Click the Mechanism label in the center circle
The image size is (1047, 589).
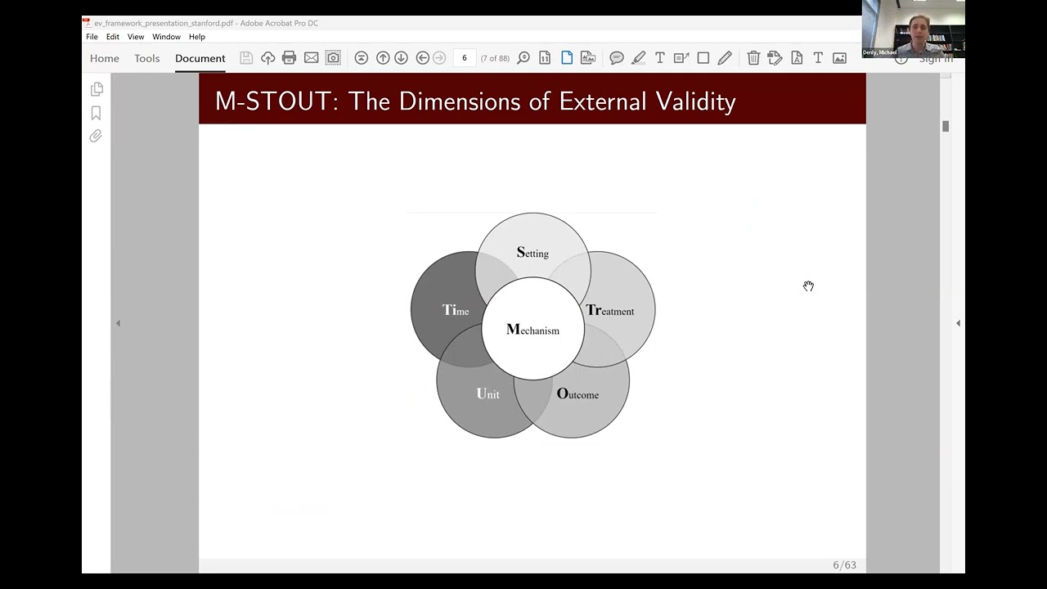(532, 330)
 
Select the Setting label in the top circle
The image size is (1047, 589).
(532, 253)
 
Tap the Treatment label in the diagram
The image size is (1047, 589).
(609, 311)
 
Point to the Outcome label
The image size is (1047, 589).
(577, 394)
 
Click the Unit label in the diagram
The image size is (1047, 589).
(488, 394)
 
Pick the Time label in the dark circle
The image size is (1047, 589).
(456, 310)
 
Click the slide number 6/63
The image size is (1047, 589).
(844, 565)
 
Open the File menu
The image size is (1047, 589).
(92, 37)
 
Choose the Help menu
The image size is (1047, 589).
(197, 37)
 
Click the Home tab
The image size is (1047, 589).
(105, 58)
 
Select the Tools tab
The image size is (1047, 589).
(147, 58)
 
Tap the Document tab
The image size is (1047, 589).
(200, 58)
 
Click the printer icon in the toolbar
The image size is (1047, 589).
(289, 58)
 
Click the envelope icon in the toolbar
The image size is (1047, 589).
(311, 58)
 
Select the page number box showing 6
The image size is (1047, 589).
(464, 58)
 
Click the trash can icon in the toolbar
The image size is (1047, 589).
(753, 58)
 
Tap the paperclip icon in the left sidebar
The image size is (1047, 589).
(96, 136)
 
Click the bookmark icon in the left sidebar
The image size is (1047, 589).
(96, 113)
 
